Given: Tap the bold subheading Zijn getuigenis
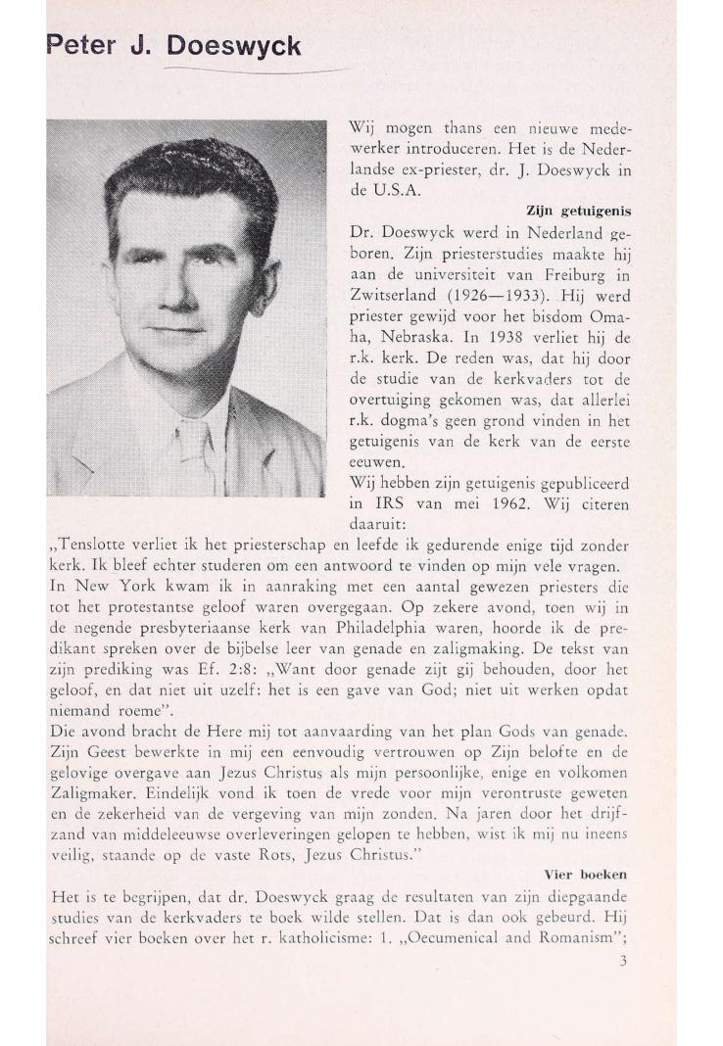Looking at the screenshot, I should tap(578, 211).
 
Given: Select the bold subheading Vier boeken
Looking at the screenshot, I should tap(586, 872).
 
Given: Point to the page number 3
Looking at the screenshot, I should tap(623, 961).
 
